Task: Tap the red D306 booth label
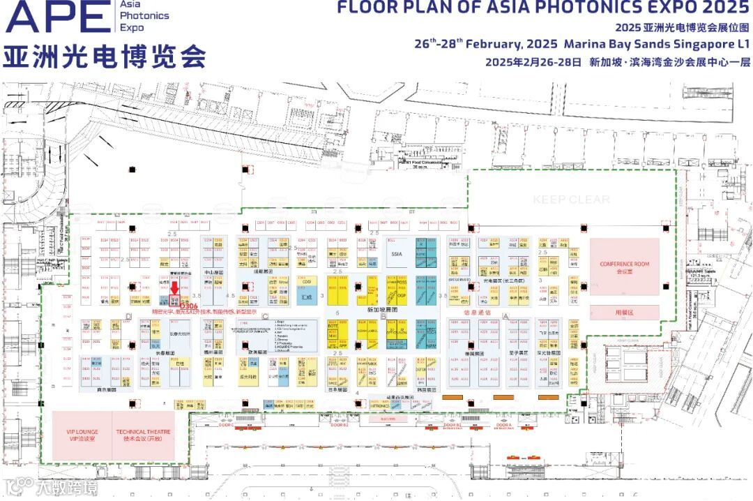point(188,306)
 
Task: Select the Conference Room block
point(624,267)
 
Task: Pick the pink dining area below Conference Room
point(624,313)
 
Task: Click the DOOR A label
point(504,425)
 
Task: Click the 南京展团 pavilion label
point(106,391)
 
